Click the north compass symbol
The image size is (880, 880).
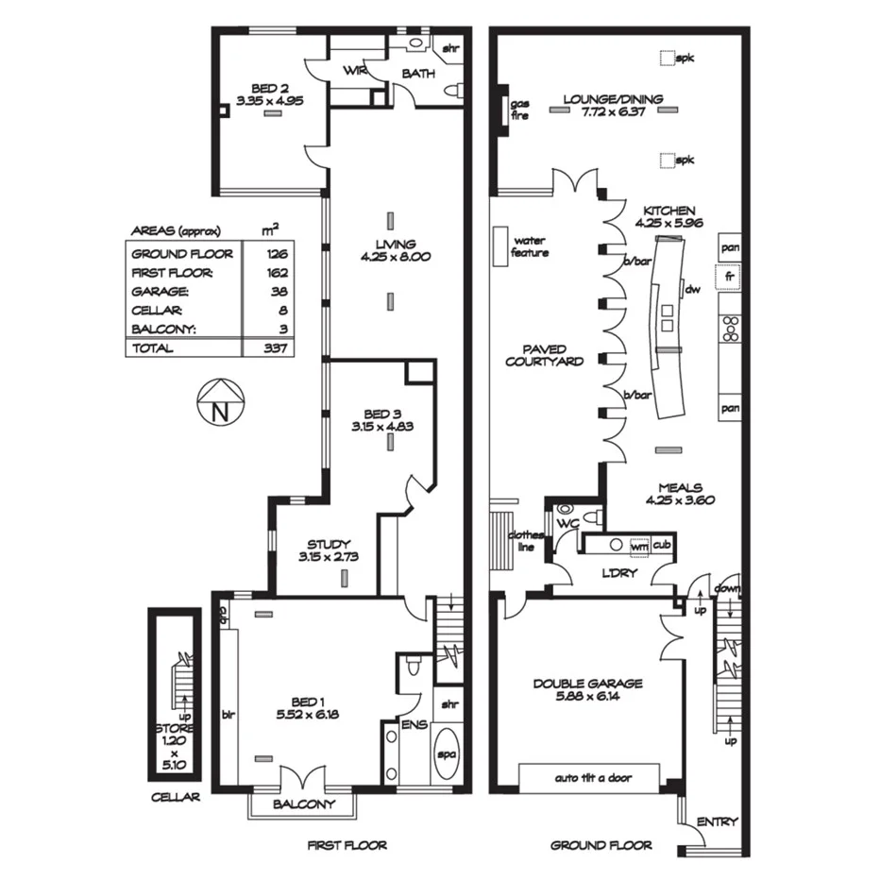(220, 404)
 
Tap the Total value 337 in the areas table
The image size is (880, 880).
(277, 347)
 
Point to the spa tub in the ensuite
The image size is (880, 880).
(448, 753)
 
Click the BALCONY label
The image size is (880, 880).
(303, 804)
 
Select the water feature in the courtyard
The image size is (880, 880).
(499, 246)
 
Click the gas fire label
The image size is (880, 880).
(520, 109)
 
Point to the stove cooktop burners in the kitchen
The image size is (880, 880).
(729, 328)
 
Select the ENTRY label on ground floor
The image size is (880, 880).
(717, 821)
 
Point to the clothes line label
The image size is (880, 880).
(526, 540)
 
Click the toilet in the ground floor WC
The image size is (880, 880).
(591, 516)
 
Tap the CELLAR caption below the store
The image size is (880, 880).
(176, 797)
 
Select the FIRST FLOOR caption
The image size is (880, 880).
(347, 845)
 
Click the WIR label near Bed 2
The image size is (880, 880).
(355, 72)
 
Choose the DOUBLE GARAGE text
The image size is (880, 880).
(587, 684)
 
